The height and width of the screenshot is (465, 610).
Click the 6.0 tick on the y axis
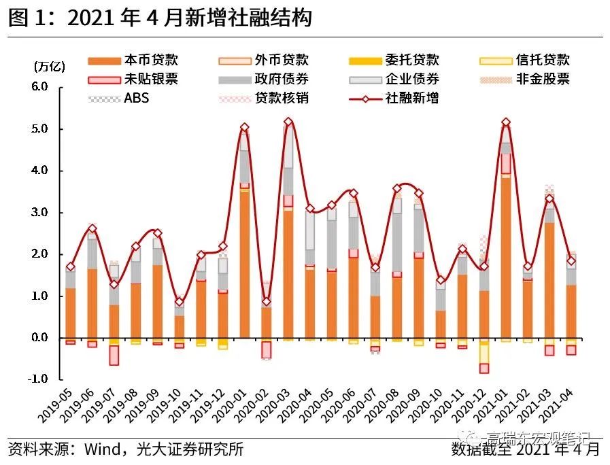[39, 87]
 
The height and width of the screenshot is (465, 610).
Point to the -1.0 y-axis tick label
[38, 379]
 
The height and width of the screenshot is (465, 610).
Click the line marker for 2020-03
[288, 122]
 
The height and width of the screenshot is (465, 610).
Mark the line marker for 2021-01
[505, 122]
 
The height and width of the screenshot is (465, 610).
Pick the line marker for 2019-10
[179, 302]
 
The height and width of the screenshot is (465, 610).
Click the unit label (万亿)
[49, 67]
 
